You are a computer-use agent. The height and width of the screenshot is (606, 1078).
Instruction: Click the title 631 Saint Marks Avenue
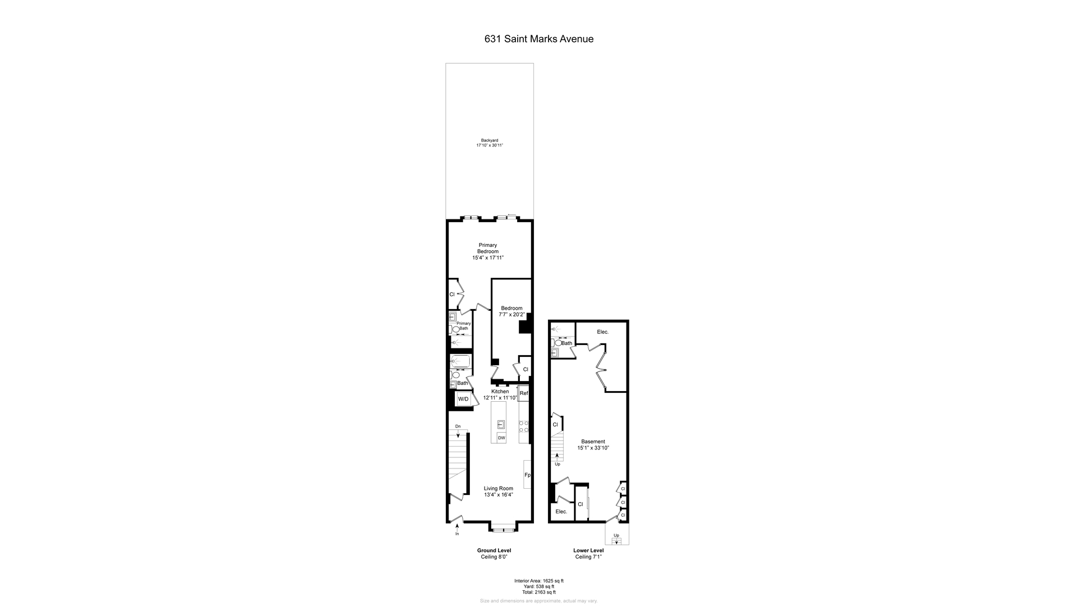point(538,39)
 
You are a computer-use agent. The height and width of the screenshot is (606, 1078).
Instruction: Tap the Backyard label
point(489,140)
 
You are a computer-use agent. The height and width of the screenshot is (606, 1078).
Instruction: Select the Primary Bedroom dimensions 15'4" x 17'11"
point(488,258)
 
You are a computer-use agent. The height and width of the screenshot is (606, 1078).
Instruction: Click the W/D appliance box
point(463,399)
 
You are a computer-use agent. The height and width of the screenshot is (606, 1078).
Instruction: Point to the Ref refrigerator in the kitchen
point(523,393)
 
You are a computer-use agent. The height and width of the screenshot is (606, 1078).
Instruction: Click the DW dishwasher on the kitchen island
point(501,438)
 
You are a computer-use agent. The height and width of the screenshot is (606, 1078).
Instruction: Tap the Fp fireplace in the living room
point(527,475)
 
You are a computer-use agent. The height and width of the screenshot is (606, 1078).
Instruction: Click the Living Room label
point(498,488)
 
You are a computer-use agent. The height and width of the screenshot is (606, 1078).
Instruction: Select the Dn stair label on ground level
point(458,426)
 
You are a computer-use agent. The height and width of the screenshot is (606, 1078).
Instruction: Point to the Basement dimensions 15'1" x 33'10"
point(593,448)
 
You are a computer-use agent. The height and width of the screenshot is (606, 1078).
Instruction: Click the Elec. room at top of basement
point(602,332)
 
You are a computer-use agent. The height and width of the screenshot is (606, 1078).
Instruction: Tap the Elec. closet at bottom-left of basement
point(561,512)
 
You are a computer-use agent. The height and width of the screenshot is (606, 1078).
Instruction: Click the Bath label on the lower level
point(567,343)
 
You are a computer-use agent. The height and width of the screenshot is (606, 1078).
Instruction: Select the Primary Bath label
point(463,326)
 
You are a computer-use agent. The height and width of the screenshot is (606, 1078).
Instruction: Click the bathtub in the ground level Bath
point(461,361)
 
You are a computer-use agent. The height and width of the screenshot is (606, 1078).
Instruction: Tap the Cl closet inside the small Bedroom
point(526,369)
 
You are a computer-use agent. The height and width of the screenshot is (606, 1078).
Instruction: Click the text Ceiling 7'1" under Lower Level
point(588,557)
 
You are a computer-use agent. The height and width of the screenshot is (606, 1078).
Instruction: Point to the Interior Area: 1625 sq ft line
point(538,581)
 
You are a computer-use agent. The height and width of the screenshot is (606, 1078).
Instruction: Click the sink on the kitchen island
point(501,424)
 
